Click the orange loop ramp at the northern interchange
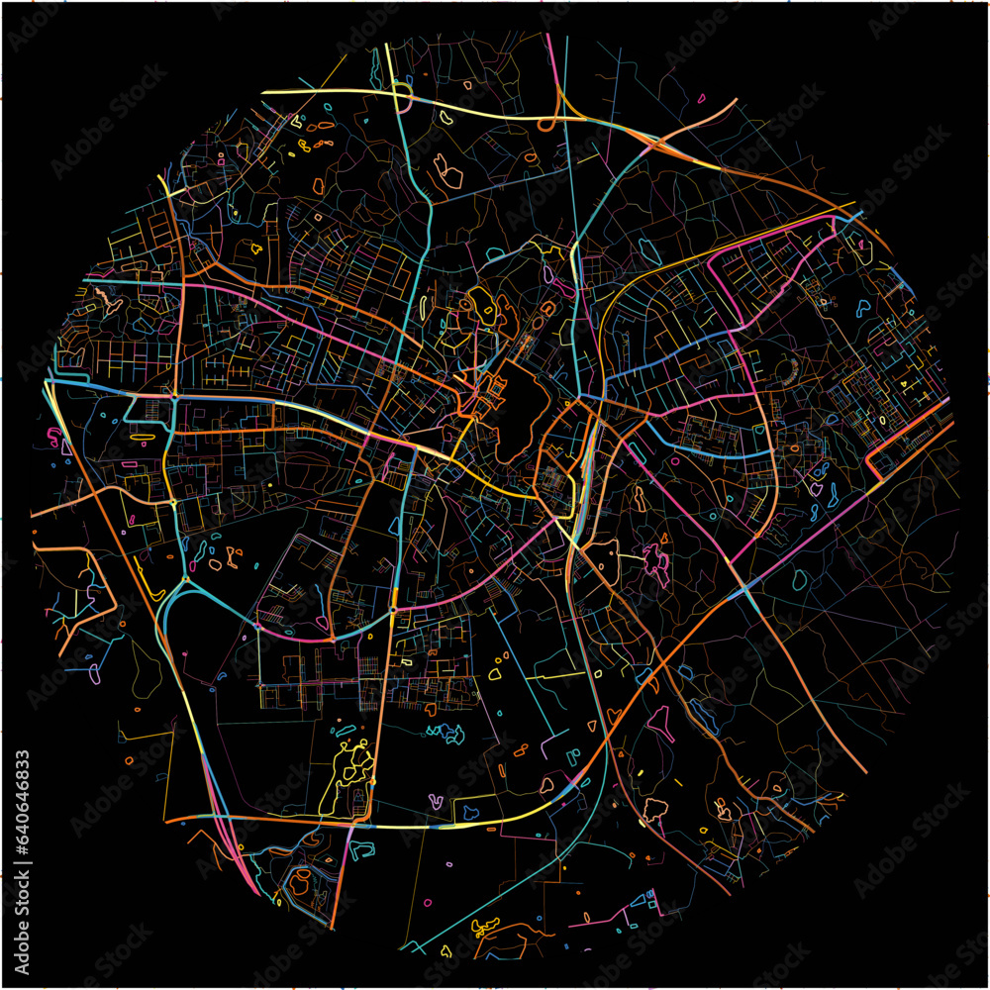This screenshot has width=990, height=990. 546,123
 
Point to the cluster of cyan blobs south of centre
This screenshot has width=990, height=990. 445,733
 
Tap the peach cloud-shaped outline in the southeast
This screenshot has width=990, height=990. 653,810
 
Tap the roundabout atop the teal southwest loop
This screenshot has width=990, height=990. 186,579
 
